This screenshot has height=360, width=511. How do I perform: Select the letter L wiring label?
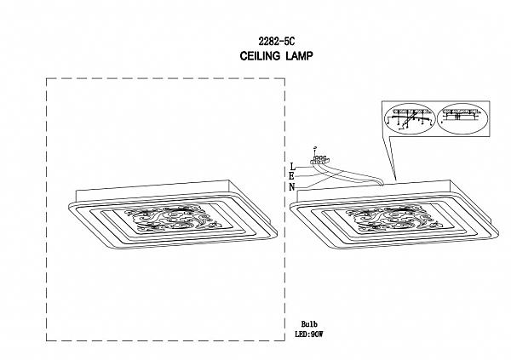pyautogui.click(x=292, y=167)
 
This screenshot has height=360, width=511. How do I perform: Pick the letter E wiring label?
pyautogui.click(x=292, y=177)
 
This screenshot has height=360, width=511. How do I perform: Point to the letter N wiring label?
pyautogui.click(x=292, y=186)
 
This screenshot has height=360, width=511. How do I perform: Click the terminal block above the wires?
pyautogui.click(x=320, y=160)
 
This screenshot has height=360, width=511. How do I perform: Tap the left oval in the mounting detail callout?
pyautogui.click(x=411, y=120)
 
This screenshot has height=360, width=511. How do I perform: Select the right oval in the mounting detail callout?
pyautogui.click(x=463, y=120)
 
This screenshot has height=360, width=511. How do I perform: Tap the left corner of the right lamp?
pyautogui.click(x=292, y=204)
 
